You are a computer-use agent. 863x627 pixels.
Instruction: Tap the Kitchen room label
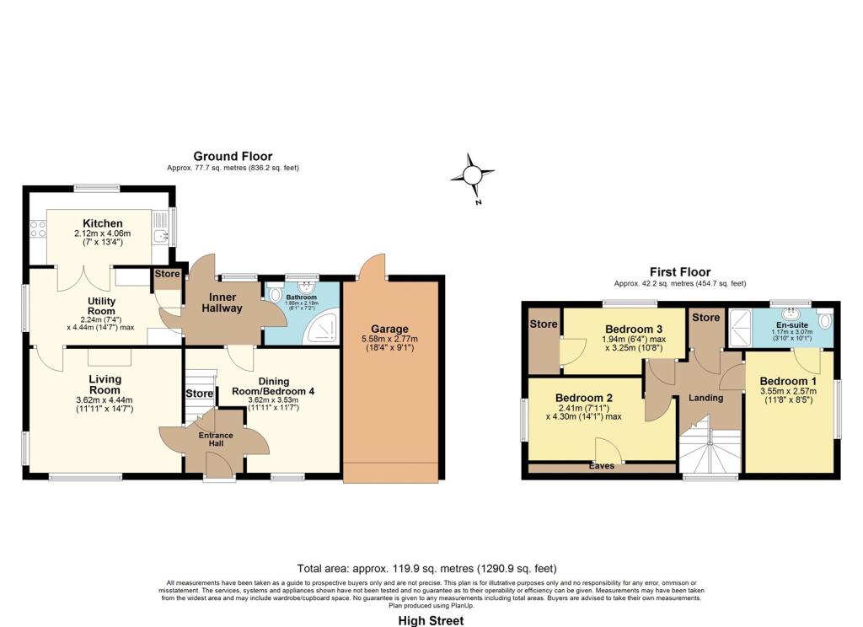[x=98, y=223]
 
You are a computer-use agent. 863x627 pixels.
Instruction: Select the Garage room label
[x=389, y=329]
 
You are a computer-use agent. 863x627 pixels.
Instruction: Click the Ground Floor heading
[x=233, y=156]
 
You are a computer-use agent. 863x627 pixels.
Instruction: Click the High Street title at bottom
[x=431, y=620]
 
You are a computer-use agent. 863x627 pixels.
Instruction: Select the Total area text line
[x=427, y=569]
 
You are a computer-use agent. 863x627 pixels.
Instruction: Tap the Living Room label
[x=105, y=384]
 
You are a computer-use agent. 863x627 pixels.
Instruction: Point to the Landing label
[x=705, y=397]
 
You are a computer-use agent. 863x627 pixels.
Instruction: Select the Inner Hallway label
[x=222, y=302]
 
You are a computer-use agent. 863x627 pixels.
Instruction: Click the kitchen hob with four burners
[x=37, y=230]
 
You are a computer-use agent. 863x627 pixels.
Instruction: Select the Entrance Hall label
[x=215, y=439]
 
